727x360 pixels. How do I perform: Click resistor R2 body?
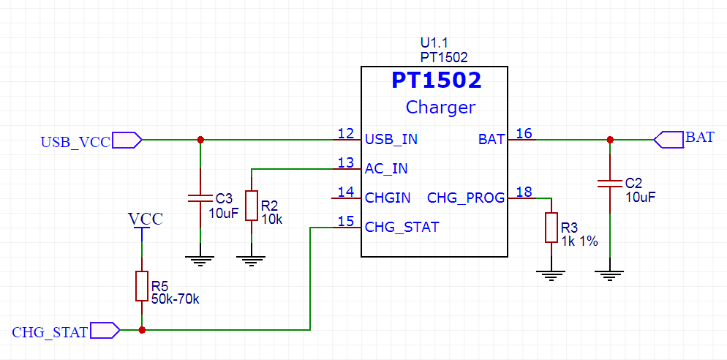(251, 206)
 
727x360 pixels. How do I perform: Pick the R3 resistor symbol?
(551, 228)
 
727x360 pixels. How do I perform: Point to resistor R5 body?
(142, 286)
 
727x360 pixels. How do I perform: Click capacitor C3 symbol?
(200, 198)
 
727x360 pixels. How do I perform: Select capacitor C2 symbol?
(610, 183)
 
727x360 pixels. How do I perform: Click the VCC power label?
(146, 219)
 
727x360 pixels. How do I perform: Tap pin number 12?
(345, 133)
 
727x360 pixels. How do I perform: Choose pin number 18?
(524, 192)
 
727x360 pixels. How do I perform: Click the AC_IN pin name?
(386, 168)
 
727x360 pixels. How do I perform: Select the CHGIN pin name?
(388, 198)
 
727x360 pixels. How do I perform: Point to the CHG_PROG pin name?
(466, 198)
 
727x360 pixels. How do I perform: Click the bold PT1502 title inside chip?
(437, 80)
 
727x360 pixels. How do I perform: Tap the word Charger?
(440, 108)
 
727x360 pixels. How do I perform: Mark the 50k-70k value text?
(175, 299)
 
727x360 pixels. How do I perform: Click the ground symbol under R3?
(551, 275)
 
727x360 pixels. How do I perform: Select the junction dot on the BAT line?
(610, 140)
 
